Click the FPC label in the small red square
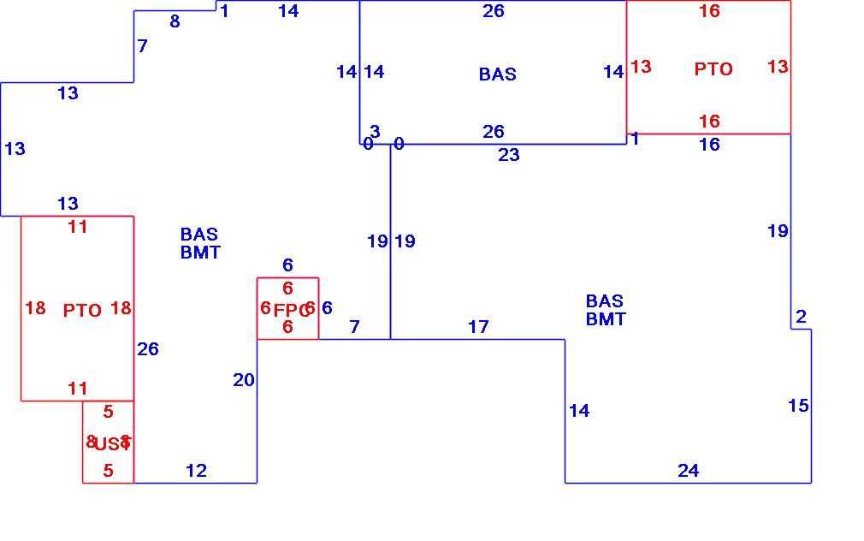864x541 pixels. point(288,310)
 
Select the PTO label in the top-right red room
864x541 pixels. point(713,69)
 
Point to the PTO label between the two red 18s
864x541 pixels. point(82,310)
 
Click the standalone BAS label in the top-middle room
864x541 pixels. point(497,74)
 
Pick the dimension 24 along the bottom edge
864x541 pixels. point(688,471)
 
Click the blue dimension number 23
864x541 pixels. point(509,155)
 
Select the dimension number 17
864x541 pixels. point(478,326)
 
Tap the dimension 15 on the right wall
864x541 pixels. point(797,406)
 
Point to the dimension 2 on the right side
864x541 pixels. point(801,317)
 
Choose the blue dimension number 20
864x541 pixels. point(244,379)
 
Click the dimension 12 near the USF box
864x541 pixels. point(196,471)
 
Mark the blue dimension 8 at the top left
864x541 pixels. point(175,21)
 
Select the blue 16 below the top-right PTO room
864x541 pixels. point(709,144)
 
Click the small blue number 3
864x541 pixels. point(375,131)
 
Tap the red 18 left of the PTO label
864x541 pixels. point(35,308)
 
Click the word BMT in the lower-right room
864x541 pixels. point(606,319)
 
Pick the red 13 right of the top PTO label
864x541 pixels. point(778,67)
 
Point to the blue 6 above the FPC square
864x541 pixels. point(288,265)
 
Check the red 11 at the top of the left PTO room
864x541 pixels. point(78,227)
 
